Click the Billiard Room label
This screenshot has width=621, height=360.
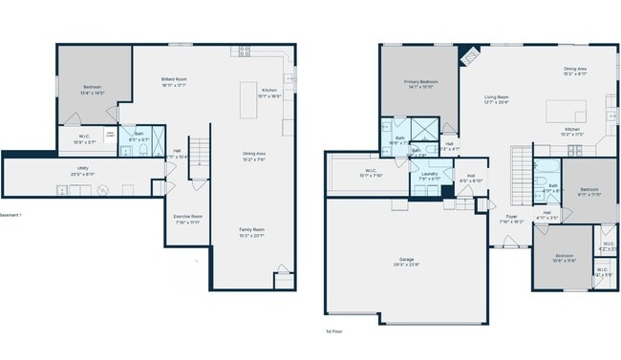[174, 81]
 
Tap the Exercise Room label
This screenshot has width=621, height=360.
[187, 219]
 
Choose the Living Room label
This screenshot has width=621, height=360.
[496, 98]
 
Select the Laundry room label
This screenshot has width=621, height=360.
[429, 176]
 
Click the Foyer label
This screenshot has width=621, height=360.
[512, 219]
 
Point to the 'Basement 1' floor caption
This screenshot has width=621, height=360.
[10, 215]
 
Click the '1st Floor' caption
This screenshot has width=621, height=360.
[335, 331]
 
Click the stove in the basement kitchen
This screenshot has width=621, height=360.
[245, 50]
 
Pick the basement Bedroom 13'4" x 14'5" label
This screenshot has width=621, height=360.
[91, 90]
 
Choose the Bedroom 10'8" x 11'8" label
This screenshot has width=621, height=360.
[565, 258]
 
